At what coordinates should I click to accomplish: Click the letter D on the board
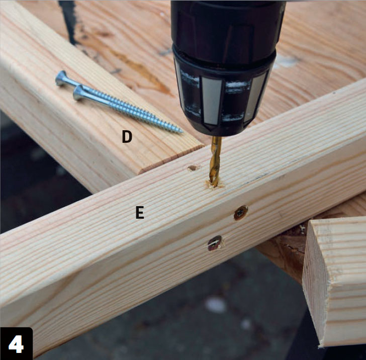(x=127, y=137)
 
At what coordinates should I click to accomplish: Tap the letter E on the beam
(x=140, y=212)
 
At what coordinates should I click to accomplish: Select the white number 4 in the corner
(x=16, y=344)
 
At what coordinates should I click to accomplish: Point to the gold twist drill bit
(x=215, y=161)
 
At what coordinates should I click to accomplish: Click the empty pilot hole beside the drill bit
(x=193, y=167)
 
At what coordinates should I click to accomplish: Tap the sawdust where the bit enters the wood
(x=214, y=185)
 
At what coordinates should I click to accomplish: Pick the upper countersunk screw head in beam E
(x=241, y=213)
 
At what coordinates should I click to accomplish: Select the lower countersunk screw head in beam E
(x=215, y=243)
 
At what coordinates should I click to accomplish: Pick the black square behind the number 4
(x=16, y=343)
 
